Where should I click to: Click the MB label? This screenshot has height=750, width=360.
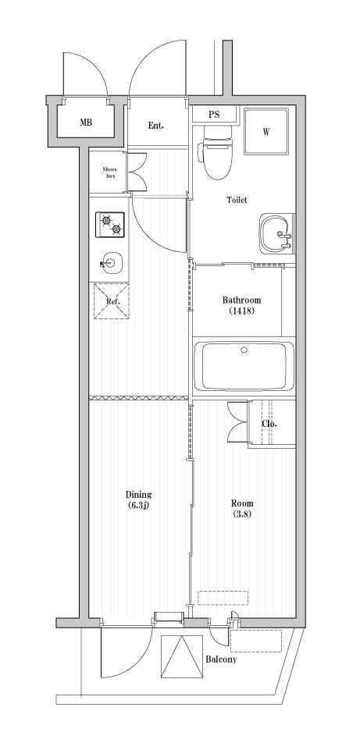coord(85,123)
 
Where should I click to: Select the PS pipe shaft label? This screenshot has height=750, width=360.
coord(213,115)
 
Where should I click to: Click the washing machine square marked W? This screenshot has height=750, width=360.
coord(266,131)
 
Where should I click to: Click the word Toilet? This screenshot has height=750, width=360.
coord(237,200)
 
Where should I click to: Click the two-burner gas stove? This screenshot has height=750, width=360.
coord(110,225)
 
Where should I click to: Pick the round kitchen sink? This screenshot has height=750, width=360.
coord(110,262)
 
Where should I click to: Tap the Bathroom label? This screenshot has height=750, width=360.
coord(241,300)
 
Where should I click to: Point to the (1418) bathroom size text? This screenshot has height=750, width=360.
coord(241,312)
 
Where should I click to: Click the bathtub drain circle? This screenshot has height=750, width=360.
coord(244,350)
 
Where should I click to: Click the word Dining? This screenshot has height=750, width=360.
coord(138,494)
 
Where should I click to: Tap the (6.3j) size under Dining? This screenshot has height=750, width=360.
coord(138,506)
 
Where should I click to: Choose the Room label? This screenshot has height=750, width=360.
coord(242,503)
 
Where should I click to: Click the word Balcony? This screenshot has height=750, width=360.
coord(221,659)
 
